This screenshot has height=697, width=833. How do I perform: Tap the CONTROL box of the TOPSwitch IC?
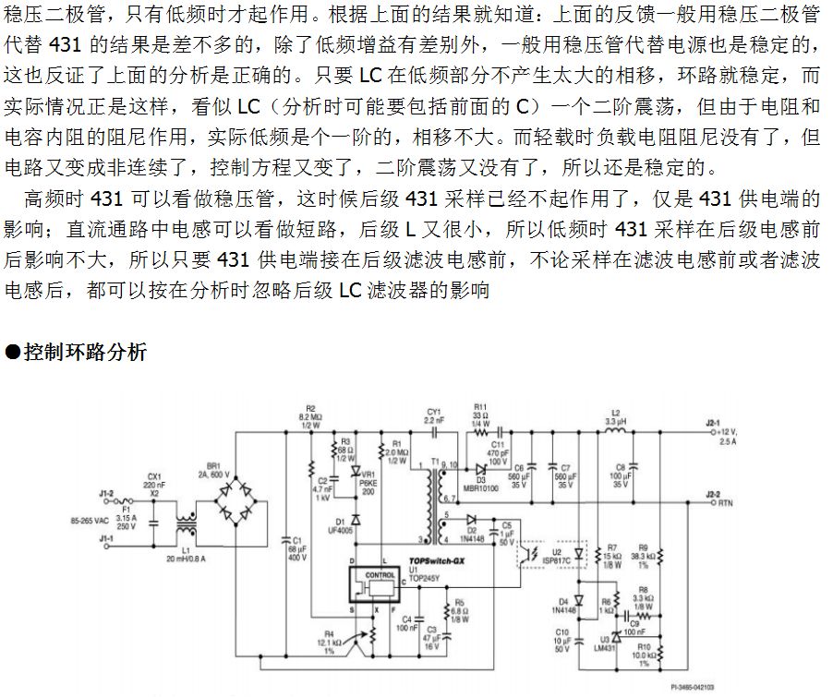(x=380, y=575)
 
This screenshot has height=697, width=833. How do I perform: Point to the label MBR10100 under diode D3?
(x=481, y=487)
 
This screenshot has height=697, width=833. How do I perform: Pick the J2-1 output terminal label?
(x=710, y=423)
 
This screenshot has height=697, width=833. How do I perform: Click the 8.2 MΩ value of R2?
(x=310, y=417)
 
